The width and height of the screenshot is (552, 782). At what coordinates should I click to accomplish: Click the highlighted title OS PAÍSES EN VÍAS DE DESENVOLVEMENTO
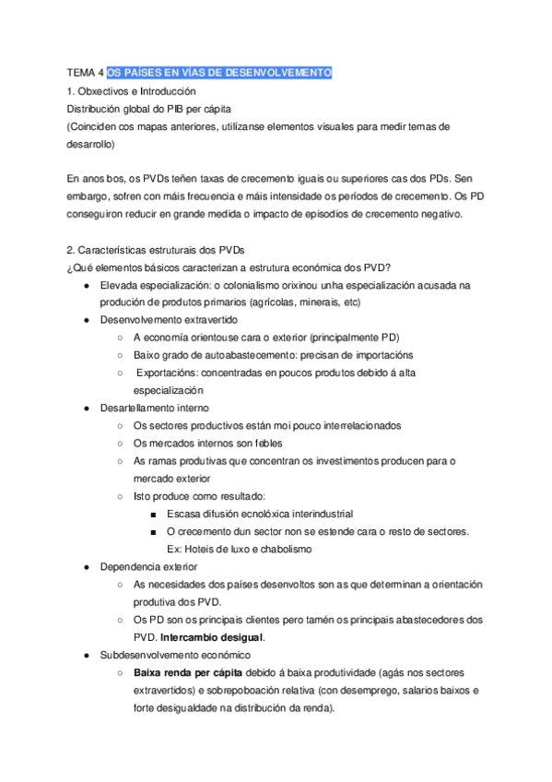click(219, 74)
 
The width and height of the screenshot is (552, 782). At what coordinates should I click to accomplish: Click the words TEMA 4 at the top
click(86, 74)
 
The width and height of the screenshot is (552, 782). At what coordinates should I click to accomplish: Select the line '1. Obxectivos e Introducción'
click(132, 91)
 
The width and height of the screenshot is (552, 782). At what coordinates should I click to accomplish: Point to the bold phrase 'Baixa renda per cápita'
click(176, 672)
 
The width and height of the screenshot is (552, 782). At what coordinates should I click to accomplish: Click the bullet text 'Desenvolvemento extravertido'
click(169, 320)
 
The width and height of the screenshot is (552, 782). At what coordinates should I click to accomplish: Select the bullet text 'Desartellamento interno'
click(154, 409)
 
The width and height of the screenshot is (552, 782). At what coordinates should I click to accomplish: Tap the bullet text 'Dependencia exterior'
click(148, 566)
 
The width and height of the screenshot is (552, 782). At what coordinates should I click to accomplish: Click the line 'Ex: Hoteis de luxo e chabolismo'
click(239, 549)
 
